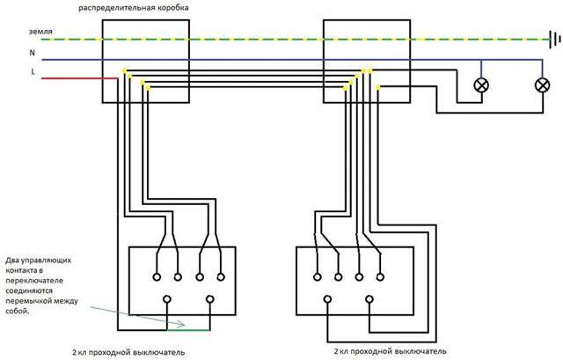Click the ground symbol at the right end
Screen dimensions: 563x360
tap(555, 39)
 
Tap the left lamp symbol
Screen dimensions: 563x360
tap(481, 85)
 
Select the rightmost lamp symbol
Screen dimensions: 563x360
tap(542, 85)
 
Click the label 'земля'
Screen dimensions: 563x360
tap(40, 32)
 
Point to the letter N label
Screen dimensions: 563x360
tap(33, 53)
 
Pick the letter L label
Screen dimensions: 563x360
tap(33, 71)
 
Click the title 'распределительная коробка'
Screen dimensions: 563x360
tap(134, 8)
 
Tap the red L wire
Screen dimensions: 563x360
tap(80, 78)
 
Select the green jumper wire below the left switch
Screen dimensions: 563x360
tap(188, 329)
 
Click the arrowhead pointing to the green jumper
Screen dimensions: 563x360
tap(182, 325)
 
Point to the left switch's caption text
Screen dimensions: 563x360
tap(128, 352)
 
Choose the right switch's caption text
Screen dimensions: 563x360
tap(391, 351)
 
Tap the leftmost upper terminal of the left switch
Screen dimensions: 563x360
tap(157, 277)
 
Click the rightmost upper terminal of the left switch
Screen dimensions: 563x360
tap(221, 277)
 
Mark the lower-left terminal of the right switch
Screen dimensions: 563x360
tap(327, 299)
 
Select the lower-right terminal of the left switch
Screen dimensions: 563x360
tap(210, 299)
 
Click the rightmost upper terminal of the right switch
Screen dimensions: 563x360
tap(380, 277)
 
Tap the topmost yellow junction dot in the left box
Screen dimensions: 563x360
tap(124, 70)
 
